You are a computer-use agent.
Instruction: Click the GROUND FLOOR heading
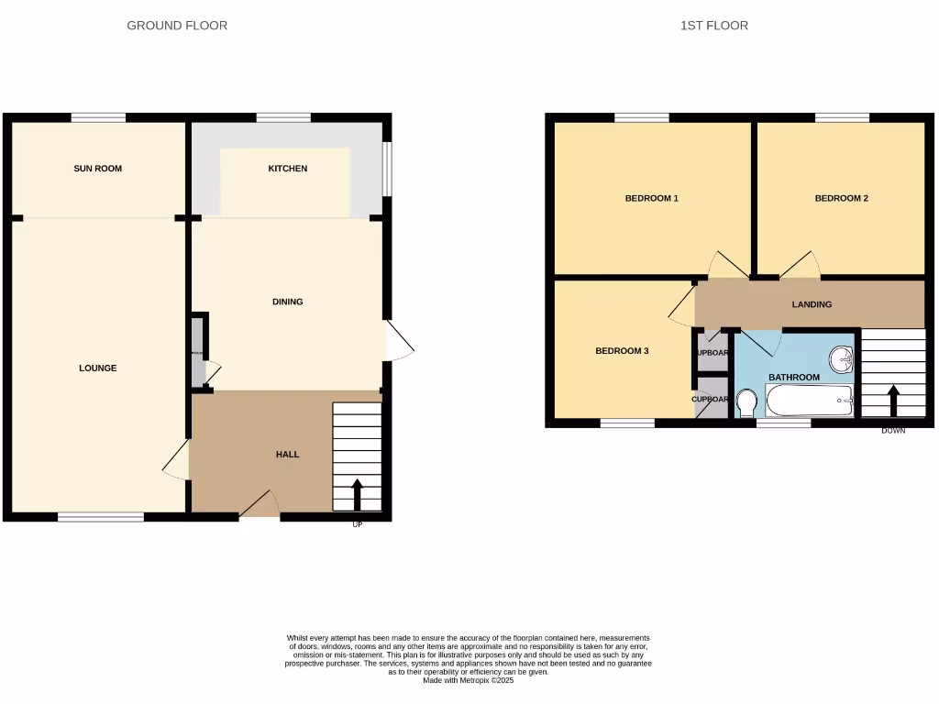pyautogui.click(x=177, y=26)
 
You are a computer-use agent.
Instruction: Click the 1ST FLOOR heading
pyautogui.click(x=713, y=26)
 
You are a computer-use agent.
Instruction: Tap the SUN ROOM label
pyautogui.click(x=98, y=169)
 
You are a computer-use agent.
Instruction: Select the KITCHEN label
pyautogui.click(x=288, y=169)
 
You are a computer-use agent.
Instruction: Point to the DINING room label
pyautogui.click(x=288, y=302)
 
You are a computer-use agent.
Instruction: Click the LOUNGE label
pyautogui.click(x=98, y=368)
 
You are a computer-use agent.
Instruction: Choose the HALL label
pyautogui.click(x=288, y=455)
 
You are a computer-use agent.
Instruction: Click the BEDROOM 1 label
pyautogui.click(x=651, y=198)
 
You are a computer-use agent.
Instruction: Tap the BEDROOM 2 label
pyautogui.click(x=841, y=198)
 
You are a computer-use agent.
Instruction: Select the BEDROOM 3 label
pyautogui.click(x=622, y=351)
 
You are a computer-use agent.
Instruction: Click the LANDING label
pyautogui.click(x=812, y=304)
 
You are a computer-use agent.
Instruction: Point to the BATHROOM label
pyautogui.click(x=793, y=377)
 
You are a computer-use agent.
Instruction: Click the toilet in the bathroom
pyautogui.click(x=746, y=402)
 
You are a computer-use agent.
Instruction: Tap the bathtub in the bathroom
pyautogui.click(x=810, y=400)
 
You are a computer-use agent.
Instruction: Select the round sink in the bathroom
pyautogui.click(x=841, y=357)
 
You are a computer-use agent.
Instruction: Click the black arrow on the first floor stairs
pyautogui.click(x=892, y=400)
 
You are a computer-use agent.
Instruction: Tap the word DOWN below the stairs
pyautogui.click(x=893, y=431)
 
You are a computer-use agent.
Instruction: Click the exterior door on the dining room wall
pyautogui.click(x=399, y=341)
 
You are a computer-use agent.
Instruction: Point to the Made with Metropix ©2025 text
pyautogui.click(x=468, y=681)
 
